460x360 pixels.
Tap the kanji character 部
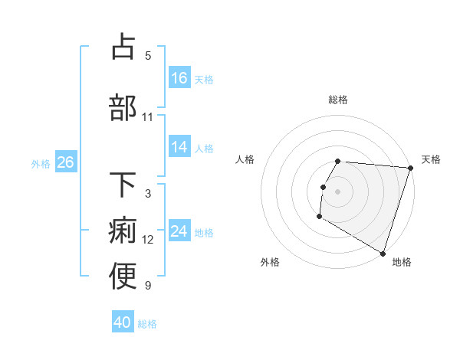pyautogui.click(x=123, y=107)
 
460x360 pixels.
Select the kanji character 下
pyautogui.click(x=123, y=185)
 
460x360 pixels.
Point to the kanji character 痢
pyautogui.click(x=123, y=231)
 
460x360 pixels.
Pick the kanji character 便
pyautogui.click(x=123, y=277)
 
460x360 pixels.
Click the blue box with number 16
pyautogui.click(x=179, y=78)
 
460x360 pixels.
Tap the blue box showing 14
pyautogui.click(x=179, y=148)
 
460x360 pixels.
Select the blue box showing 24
pyautogui.click(x=179, y=232)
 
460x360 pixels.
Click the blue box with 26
pyautogui.click(x=65, y=162)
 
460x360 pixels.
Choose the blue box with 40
pyautogui.click(x=123, y=323)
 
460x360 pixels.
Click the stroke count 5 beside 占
pyautogui.click(x=148, y=56)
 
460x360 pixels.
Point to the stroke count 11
pyautogui.click(x=148, y=117)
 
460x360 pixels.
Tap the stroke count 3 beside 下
pyautogui.click(x=148, y=194)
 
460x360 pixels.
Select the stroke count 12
pyautogui.click(x=148, y=240)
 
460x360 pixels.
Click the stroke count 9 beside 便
pyautogui.click(x=148, y=286)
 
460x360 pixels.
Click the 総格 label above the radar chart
pyautogui.click(x=338, y=100)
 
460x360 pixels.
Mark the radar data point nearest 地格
pyautogui.click(x=383, y=253)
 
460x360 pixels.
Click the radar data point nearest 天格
pyautogui.click(x=410, y=168)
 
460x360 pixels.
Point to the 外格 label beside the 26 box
pyautogui.click(x=41, y=163)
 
